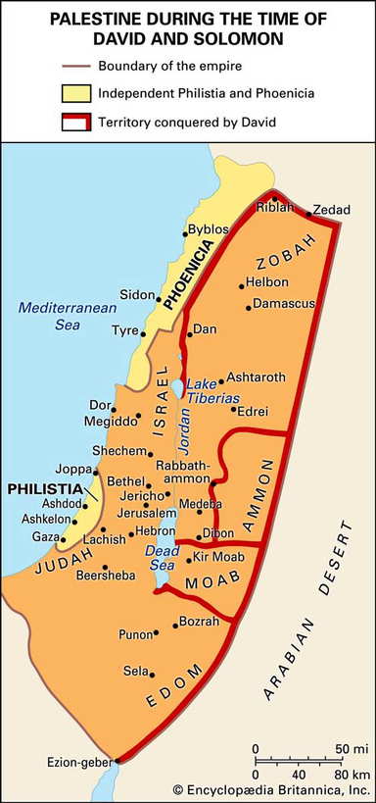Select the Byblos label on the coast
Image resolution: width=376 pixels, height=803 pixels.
coord(208,227)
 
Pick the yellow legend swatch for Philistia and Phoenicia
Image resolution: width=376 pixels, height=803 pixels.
coord(78,93)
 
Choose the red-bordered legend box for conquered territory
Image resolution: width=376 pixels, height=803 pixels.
coord(78,122)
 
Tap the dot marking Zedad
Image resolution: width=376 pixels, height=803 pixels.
coord(308,213)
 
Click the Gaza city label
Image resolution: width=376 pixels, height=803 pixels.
coord(45,537)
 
